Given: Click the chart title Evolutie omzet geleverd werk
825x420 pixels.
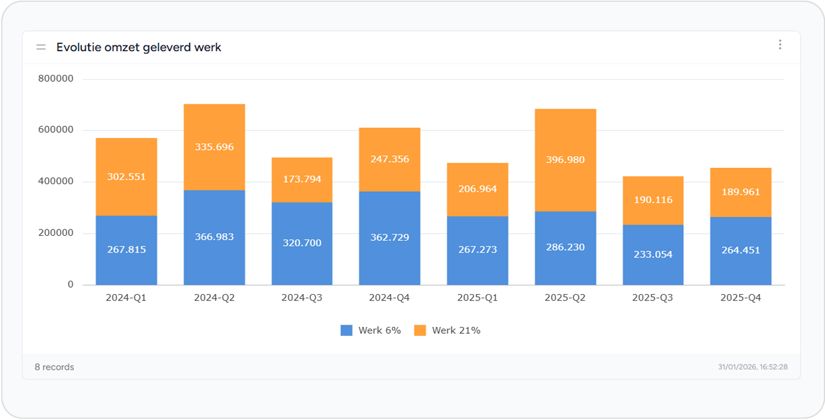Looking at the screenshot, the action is (x=139, y=48).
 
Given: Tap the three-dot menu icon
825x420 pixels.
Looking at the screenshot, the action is (x=780, y=45).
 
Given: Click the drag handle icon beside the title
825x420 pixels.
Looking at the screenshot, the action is (x=41, y=48).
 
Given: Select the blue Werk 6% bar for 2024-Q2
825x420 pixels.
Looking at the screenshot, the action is (x=214, y=238).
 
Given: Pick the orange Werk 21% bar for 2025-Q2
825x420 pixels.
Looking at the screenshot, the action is (x=565, y=160).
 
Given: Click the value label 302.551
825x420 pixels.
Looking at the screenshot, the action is (x=127, y=177).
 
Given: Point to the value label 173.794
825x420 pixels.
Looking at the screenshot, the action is (x=301, y=179).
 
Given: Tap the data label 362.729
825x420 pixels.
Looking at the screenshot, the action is (x=389, y=237).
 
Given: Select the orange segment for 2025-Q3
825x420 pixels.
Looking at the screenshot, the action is (x=653, y=201).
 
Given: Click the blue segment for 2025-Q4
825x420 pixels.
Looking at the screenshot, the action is (x=741, y=251).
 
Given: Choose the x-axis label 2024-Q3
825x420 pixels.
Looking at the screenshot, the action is (x=302, y=297).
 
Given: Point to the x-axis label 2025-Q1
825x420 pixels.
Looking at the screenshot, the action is (x=478, y=297).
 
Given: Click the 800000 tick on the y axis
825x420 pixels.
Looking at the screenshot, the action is (x=56, y=79).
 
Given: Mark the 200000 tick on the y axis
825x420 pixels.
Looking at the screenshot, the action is (x=56, y=234).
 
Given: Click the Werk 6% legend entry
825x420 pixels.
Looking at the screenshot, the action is (x=371, y=330).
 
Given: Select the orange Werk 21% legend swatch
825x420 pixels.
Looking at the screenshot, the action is (x=420, y=330).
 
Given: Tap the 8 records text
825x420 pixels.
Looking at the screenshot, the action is (x=55, y=367).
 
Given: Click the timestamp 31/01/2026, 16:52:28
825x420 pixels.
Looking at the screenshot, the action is (x=752, y=367).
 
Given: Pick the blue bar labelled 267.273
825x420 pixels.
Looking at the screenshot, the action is (x=478, y=251).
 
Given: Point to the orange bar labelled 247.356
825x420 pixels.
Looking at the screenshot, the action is (x=389, y=160).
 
